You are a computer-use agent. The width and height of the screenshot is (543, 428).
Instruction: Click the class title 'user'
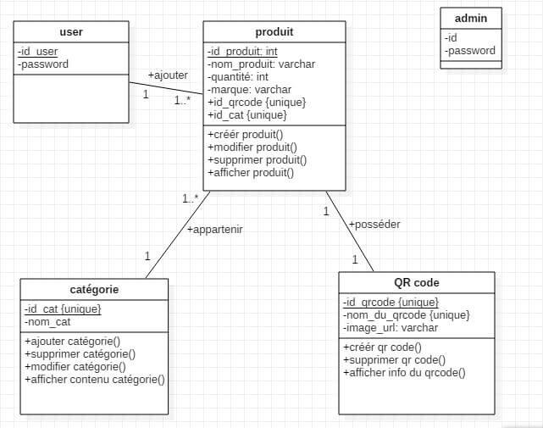point(71,32)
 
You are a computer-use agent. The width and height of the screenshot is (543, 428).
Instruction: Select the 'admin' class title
point(471,19)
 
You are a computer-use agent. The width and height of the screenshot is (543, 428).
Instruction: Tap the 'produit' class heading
point(274,32)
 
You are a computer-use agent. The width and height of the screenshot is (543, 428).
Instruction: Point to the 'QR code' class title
point(416,283)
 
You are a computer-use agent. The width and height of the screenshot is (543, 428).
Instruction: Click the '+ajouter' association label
point(168,75)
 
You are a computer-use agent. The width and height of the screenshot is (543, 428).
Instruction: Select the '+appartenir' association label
point(215,230)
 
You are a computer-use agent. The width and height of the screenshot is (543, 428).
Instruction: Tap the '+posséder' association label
point(374,225)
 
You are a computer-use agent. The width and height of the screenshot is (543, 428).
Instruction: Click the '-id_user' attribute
point(38,51)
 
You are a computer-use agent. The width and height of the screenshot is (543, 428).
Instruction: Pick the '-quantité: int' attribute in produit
point(238,76)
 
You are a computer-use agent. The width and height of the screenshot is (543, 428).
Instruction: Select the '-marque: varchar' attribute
point(249,89)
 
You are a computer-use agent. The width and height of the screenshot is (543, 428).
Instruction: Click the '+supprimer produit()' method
point(257,159)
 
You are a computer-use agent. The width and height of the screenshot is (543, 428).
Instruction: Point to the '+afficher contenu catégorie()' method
point(94,379)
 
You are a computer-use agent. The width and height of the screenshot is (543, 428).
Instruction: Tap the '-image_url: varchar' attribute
point(391,327)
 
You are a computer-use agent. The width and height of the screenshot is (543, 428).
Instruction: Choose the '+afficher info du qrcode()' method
point(404,372)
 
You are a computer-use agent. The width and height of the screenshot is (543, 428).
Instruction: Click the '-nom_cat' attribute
point(47,322)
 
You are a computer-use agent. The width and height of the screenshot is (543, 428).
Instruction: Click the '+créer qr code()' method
point(382,347)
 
